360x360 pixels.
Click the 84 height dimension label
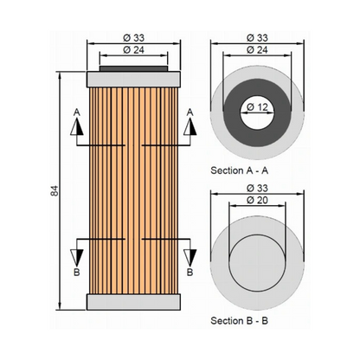(x=55, y=191)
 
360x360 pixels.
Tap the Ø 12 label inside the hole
(x=257, y=107)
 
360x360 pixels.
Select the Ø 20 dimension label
(x=257, y=200)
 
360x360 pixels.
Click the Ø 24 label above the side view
(x=133, y=50)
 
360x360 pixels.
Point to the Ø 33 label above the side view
(x=133, y=38)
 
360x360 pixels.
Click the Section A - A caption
(x=240, y=170)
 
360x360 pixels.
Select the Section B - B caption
(x=240, y=320)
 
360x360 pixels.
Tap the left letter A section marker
(x=77, y=112)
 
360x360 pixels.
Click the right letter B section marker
(x=190, y=272)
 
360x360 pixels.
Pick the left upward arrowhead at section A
(x=77, y=127)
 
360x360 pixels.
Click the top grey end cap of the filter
(x=133, y=80)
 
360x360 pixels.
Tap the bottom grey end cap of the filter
(x=133, y=302)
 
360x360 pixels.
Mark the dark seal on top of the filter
(x=133, y=68)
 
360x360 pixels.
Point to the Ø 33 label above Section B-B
(x=257, y=188)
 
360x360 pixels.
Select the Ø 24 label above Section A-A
(x=257, y=50)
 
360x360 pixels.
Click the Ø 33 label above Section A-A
(x=257, y=38)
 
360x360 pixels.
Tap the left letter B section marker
(x=77, y=272)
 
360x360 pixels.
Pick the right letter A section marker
(x=190, y=112)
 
